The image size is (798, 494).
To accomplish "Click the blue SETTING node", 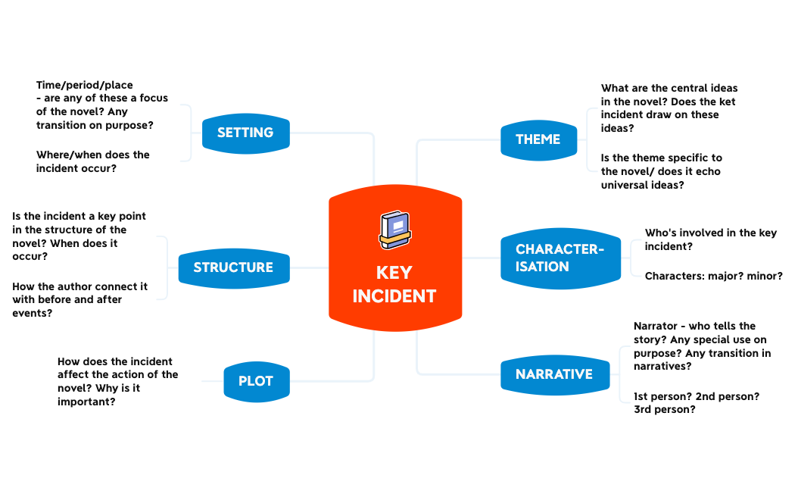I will pos(245,133).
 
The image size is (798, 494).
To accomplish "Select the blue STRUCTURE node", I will pos(233,267).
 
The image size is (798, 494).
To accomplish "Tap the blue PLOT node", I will pos(256,381).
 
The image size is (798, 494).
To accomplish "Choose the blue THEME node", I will pos(538,139).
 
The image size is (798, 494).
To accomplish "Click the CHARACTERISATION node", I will pos(560,258).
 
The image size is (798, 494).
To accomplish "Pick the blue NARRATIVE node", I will pos(554,374).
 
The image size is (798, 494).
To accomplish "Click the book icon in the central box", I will pos(394,230).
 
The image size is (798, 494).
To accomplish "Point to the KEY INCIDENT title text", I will pos(394,284).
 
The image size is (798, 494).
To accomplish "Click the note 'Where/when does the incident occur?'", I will pos(93,161).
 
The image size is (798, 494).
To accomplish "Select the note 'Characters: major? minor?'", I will pos(713,276).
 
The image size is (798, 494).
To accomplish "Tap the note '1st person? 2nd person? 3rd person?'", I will pos(697,402).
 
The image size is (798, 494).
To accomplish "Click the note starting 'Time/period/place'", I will pos(101,105).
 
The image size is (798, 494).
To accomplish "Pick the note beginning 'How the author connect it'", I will pos(79,299).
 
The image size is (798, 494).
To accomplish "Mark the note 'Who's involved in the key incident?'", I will pos(710,239).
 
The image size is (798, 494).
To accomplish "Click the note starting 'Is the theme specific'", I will pos(661,171).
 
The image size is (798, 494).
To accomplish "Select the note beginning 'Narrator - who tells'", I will pos(702,346).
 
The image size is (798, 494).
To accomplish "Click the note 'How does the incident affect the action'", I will pos(117,381).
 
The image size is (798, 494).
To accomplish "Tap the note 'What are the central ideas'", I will pos(669,108).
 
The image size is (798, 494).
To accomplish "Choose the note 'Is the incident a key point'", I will pos(79,236).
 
